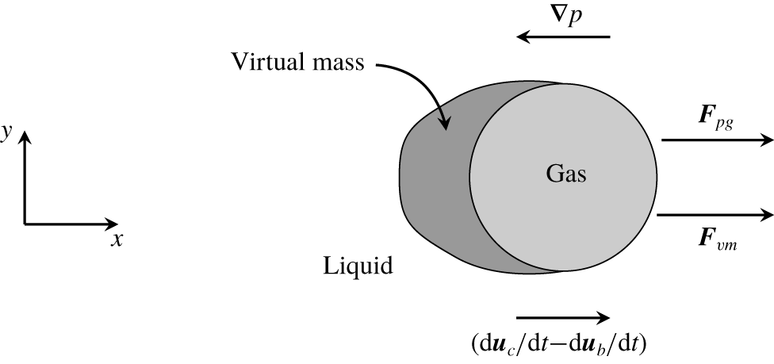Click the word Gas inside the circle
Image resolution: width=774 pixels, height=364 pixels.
[x=566, y=174]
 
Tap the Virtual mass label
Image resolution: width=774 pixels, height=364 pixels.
[x=298, y=62]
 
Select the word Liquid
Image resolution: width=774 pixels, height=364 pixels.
[x=358, y=266]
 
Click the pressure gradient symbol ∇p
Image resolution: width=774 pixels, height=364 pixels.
[x=563, y=17]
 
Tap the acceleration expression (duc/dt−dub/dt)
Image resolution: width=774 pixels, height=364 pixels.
[x=559, y=345]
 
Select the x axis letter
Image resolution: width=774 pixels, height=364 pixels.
[x=117, y=239]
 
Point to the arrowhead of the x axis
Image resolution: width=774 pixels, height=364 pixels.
[x=117, y=224]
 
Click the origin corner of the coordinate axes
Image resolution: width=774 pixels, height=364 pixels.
[x=25, y=224]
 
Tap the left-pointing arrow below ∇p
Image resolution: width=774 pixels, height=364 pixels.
[x=563, y=36]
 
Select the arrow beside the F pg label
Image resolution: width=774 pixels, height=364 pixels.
[x=717, y=140]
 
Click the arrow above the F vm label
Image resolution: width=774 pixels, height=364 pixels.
[x=715, y=215]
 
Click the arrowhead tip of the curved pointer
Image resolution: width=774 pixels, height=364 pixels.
[x=446, y=130]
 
